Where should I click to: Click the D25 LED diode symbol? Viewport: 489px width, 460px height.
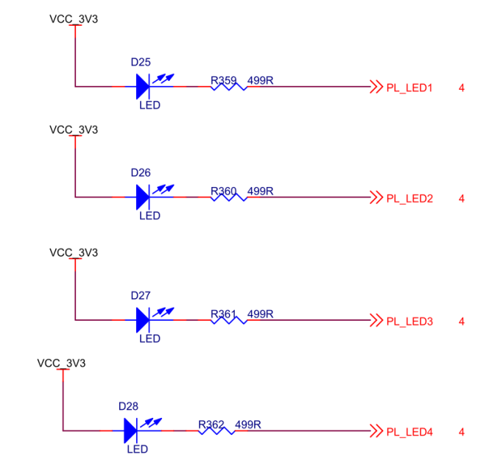pos(143,86)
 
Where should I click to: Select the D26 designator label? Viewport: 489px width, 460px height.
pos(141,172)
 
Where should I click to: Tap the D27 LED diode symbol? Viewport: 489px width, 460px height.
pos(143,319)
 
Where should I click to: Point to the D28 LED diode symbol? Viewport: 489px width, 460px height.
pos(131,430)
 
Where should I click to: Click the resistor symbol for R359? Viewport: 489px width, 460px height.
pos(228,87)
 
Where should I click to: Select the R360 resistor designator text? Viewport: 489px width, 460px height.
pos(223,191)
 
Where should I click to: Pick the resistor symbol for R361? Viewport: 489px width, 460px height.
pos(228,320)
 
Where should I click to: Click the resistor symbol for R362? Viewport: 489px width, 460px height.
pos(216,431)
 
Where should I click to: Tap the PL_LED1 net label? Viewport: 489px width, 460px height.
pos(409,88)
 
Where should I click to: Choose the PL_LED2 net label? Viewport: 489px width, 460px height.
pos(409,199)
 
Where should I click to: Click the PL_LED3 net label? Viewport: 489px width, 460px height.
pos(409,322)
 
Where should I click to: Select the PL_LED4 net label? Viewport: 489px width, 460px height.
pos(409,432)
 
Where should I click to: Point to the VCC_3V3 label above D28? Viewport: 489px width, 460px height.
pos(61,363)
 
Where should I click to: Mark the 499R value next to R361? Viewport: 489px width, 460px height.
pos(260,314)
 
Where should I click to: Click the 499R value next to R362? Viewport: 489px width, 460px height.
pos(248,424)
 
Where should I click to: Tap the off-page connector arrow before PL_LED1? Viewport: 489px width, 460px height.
pos(376,87)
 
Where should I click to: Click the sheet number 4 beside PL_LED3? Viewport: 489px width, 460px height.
pos(462,322)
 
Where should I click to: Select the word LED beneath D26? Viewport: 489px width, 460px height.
pos(149,216)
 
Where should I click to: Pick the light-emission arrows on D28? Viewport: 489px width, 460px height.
pos(152,422)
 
